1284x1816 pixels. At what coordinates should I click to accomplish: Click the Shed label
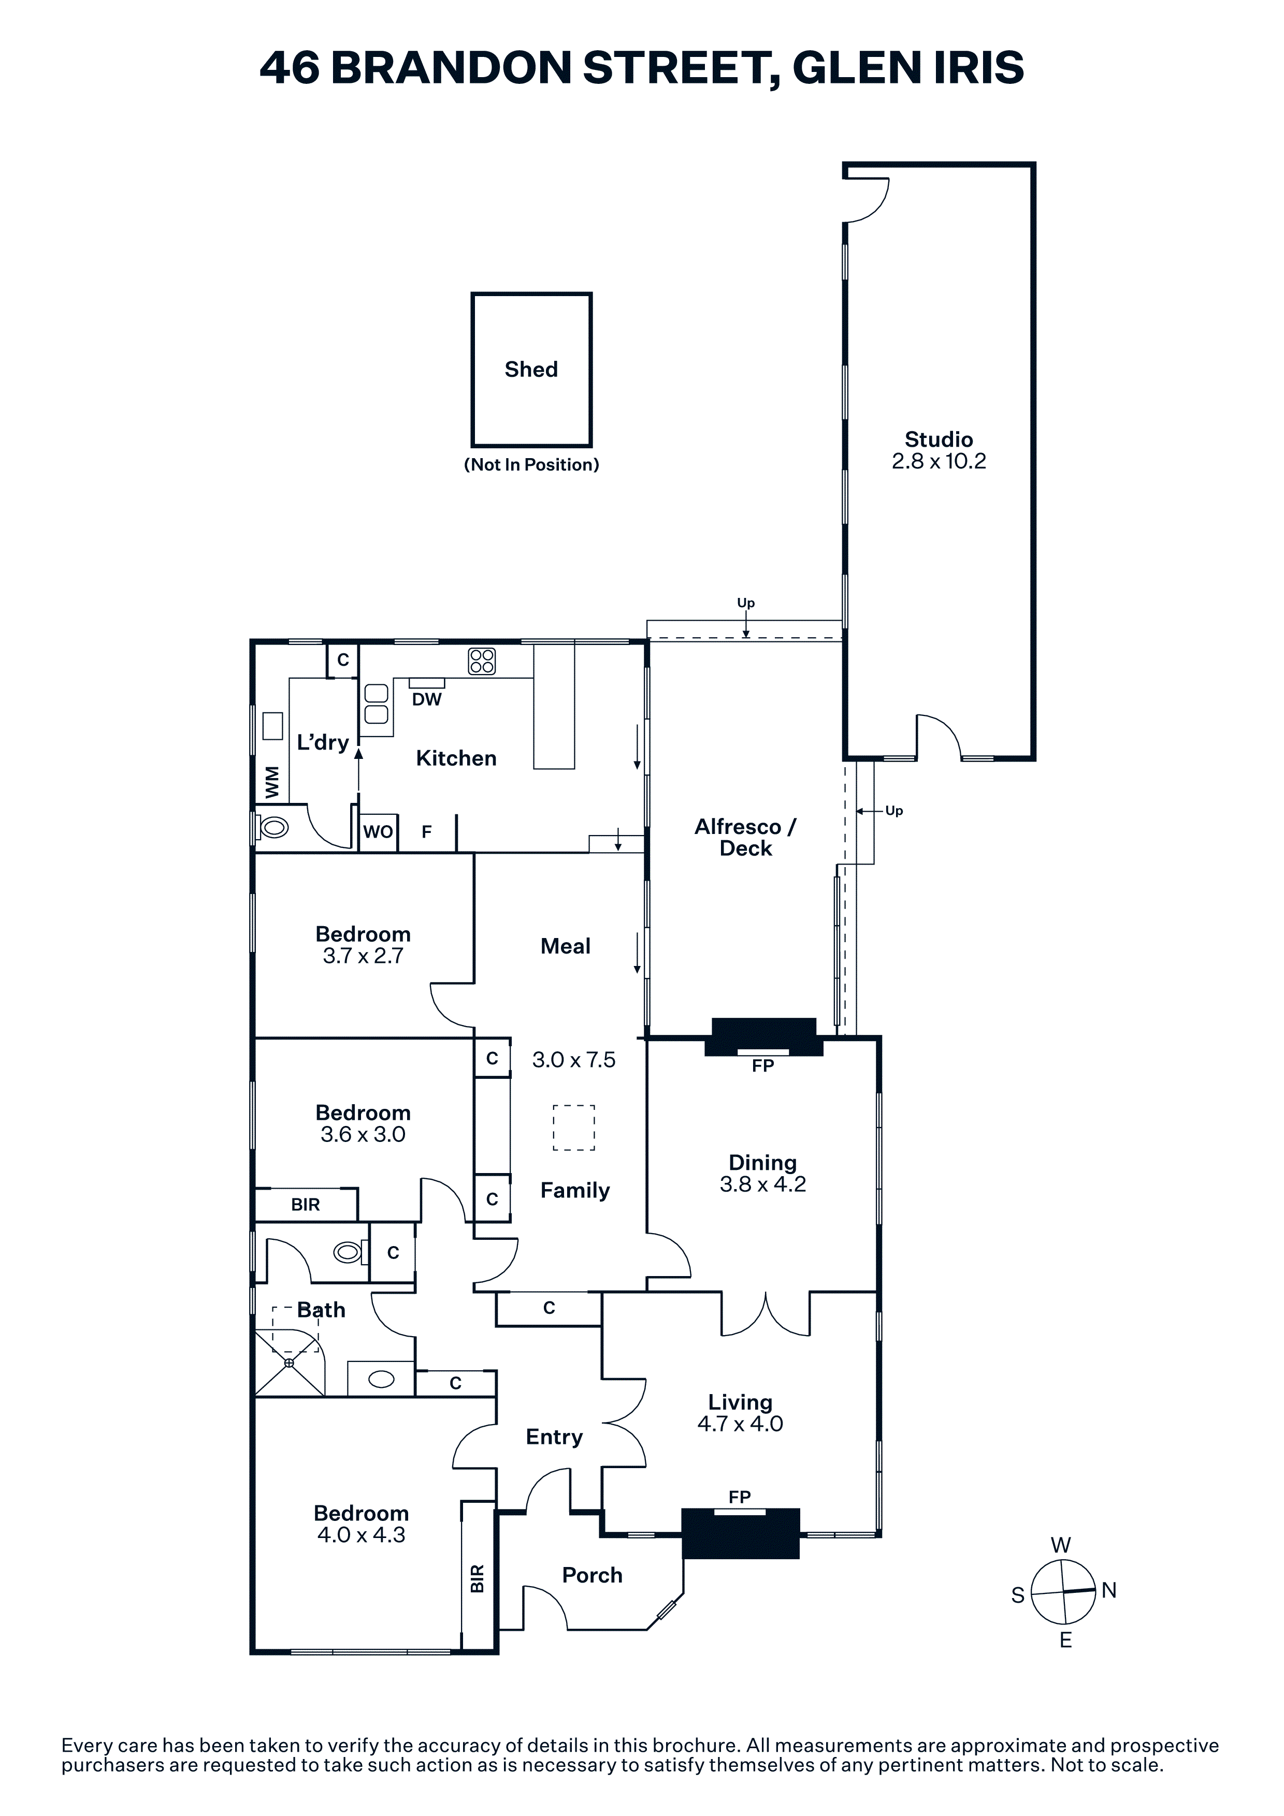click(531, 370)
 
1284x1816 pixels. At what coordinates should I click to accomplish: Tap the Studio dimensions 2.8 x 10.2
click(939, 461)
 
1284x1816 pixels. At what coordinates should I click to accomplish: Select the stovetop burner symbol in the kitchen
click(482, 661)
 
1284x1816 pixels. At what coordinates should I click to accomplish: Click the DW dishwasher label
click(426, 699)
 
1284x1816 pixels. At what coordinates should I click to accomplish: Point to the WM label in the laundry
click(272, 782)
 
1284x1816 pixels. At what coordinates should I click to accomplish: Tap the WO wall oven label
click(378, 831)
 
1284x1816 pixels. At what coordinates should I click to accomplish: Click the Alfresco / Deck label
click(745, 838)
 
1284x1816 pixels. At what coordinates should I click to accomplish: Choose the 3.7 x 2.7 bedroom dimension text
click(363, 956)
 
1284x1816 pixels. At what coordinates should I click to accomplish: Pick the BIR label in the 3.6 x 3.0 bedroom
click(306, 1205)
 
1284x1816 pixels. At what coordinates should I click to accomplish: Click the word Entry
click(554, 1437)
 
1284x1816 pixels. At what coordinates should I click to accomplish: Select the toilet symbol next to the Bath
click(349, 1252)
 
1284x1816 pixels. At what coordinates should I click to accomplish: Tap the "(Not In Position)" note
click(531, 464)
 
